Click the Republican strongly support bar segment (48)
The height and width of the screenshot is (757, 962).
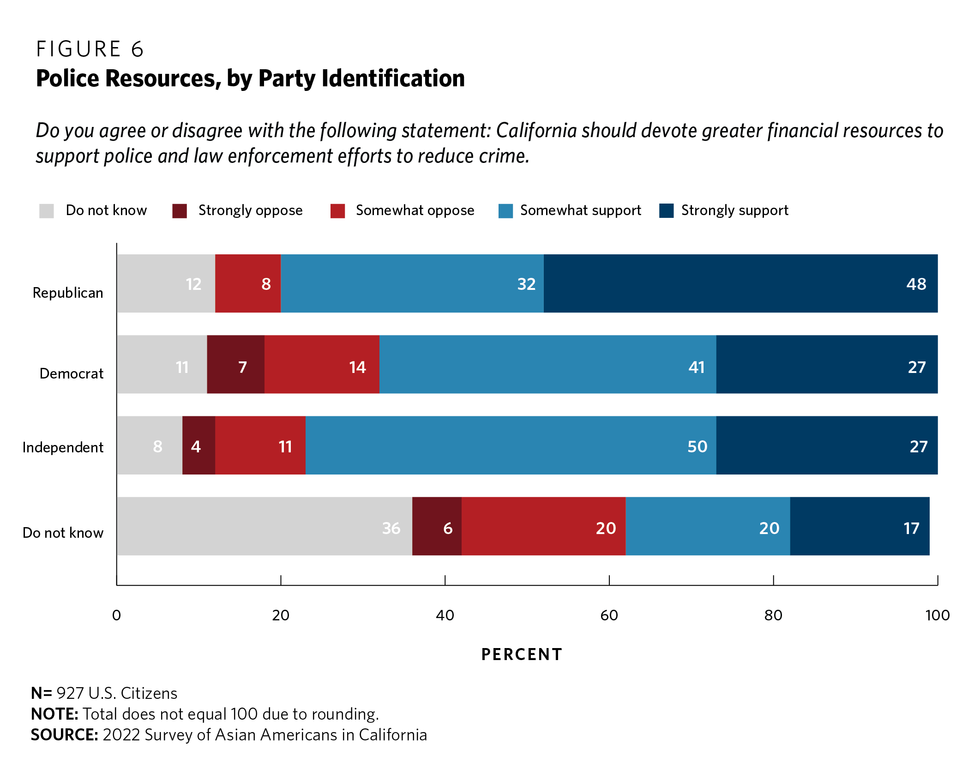(740, 283)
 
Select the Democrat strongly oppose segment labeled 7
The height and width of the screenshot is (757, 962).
(235, 365)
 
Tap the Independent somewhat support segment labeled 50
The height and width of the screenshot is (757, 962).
(511, 445)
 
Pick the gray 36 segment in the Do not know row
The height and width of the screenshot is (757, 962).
(264, 526)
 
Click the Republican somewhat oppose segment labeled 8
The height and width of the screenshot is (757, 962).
(248, 283)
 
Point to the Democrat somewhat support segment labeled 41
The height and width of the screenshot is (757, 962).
(547, 365)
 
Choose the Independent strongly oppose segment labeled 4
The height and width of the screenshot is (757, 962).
(198, 445)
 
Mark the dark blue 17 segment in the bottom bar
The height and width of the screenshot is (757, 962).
(860, 526)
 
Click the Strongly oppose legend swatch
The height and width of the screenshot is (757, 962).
(180, 211)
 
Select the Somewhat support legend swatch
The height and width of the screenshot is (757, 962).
(505, 211)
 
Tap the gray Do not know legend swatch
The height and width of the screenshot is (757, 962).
(47, 211)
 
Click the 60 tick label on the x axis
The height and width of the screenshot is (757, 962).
(609, 615)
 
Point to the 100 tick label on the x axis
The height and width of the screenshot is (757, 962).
(937, 615)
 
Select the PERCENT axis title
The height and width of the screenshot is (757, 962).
(522, 655)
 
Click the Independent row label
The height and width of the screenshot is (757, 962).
(63, 447)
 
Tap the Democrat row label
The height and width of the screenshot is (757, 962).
(72, 373)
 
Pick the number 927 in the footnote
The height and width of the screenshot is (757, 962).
(70, 693)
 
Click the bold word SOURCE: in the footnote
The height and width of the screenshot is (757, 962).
(65, 735)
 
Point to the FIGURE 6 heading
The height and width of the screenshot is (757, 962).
(90, 49)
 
